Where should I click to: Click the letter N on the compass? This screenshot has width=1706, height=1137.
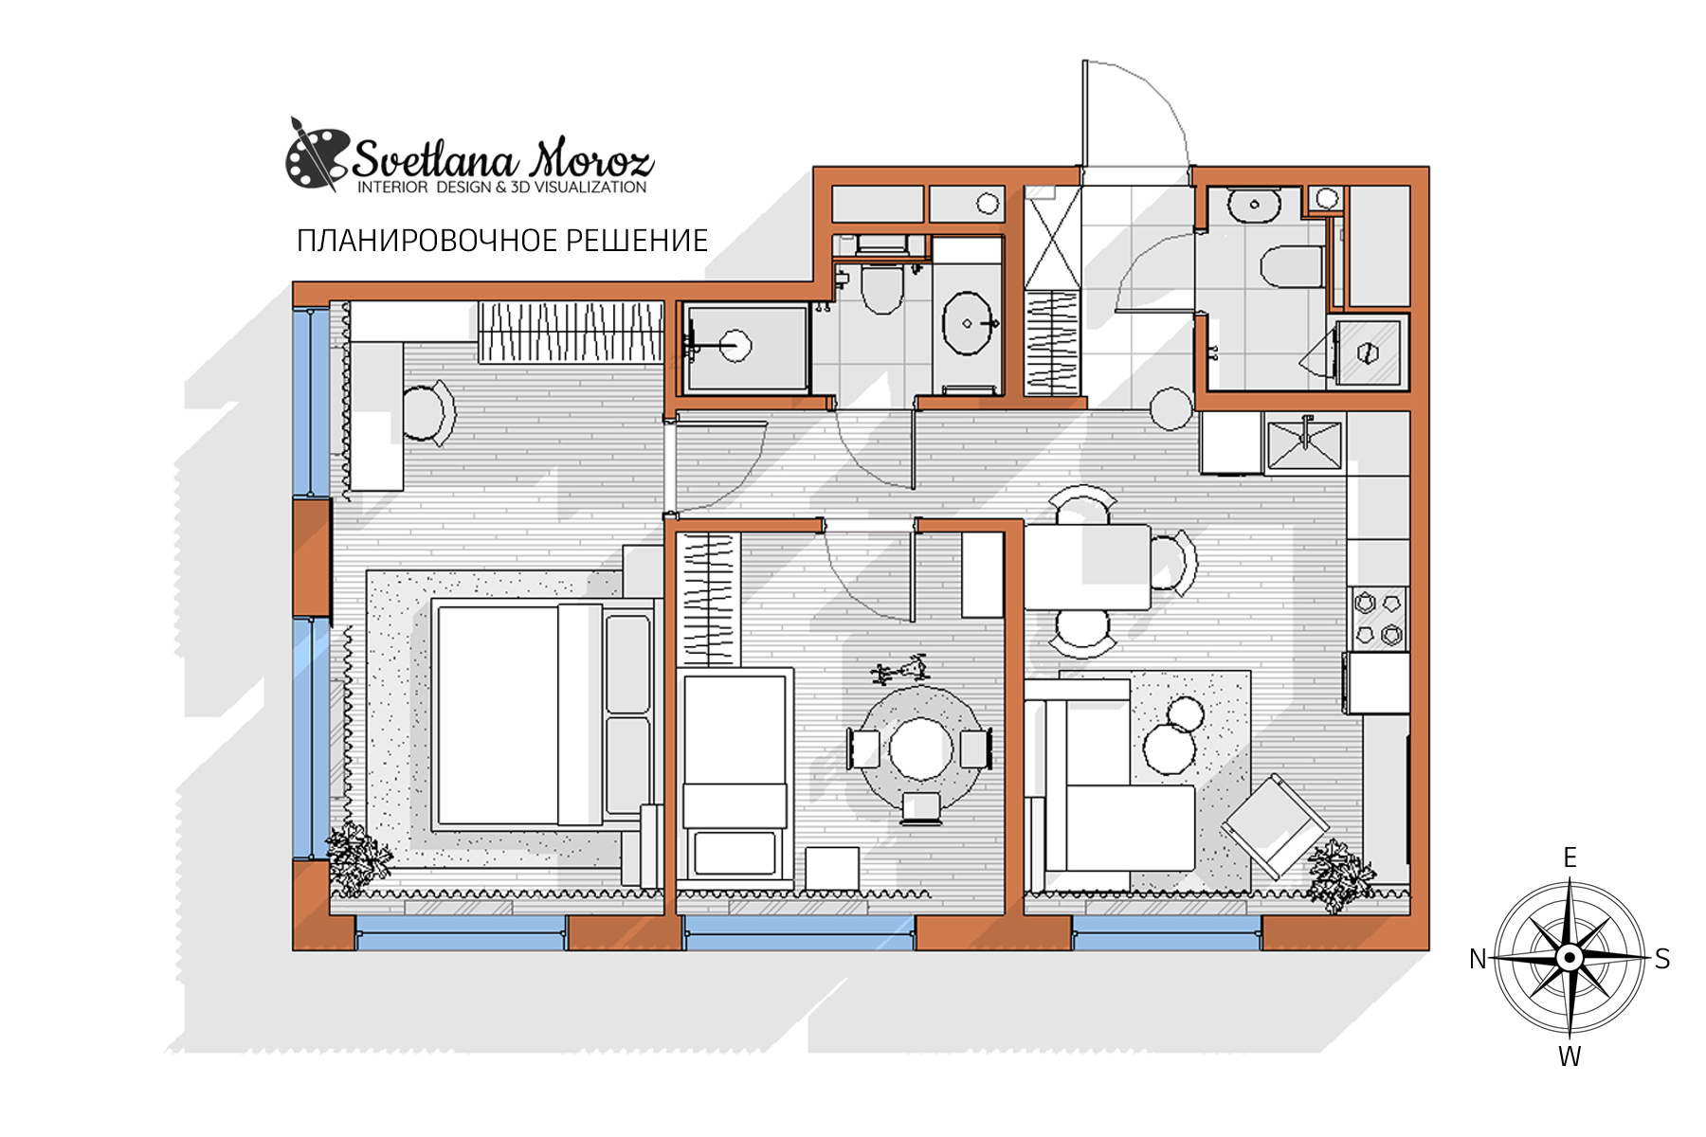pos(1477,959)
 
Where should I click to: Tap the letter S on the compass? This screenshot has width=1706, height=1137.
pos(1662,959)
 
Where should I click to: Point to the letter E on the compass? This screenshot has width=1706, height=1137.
pos(1570,857)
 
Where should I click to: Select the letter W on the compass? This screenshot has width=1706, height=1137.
pos(1570,1056)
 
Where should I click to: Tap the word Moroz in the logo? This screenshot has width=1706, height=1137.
pos(591,158)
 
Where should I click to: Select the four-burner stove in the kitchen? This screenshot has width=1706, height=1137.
pos(1378,619)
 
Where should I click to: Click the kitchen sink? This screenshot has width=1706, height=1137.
pos(1305,444)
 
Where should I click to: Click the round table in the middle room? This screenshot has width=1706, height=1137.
pos(920,749)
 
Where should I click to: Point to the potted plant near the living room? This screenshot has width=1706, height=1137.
pos(1340,875)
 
